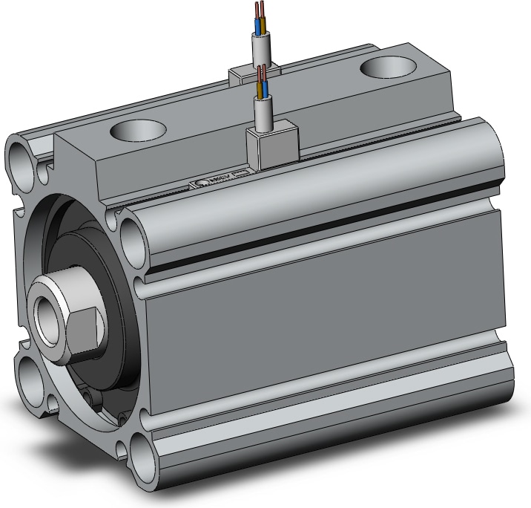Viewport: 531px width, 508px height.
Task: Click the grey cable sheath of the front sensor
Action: point(265,114)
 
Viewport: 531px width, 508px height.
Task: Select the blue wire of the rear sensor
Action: point(258,27)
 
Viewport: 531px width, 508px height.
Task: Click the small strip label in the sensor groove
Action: point(220,179)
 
